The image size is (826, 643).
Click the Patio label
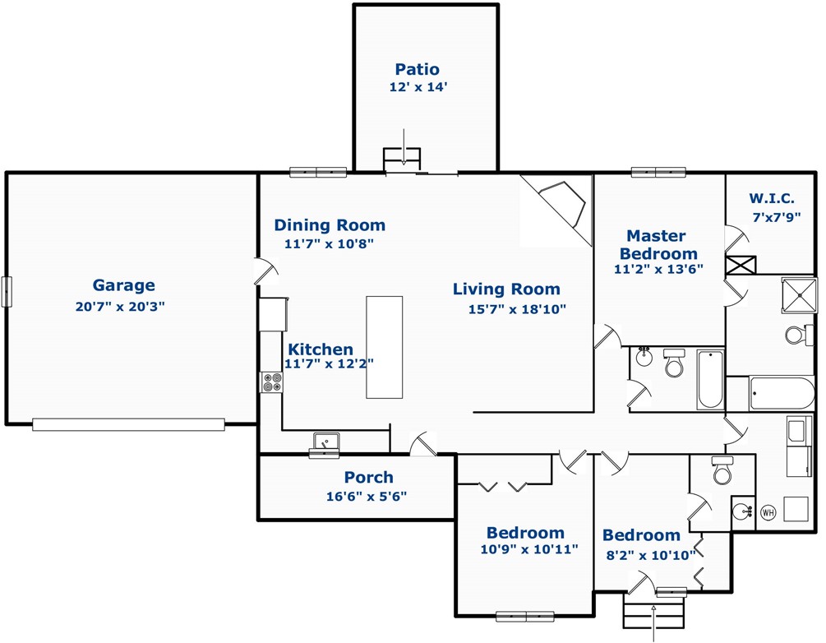[x=417, y=69]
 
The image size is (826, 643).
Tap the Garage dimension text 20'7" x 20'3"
[x=120, y=306]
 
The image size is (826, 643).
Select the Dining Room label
[x=330, y=225]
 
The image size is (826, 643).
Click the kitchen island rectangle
[x=385, y=347]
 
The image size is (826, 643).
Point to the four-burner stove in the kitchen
[x=272, y=382]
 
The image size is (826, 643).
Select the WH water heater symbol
[x=768, y=511]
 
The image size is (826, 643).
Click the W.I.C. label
[x=772, y=199]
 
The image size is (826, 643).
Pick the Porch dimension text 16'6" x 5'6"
[x=367, y=496]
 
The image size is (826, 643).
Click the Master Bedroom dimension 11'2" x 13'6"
[x=658, y=269]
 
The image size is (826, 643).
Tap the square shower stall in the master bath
[x=799, y=296]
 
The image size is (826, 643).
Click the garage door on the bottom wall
[x=128, y=424]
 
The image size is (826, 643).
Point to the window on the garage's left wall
[x=7, y=291]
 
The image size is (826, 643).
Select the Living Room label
[x=506, y=289]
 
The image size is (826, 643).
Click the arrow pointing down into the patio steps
[x=404, y=147]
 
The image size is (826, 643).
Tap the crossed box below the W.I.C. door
[x=741, y=265]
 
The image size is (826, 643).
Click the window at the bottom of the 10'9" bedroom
[x=525, y=616]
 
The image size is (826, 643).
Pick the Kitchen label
[x=321, y=349]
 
